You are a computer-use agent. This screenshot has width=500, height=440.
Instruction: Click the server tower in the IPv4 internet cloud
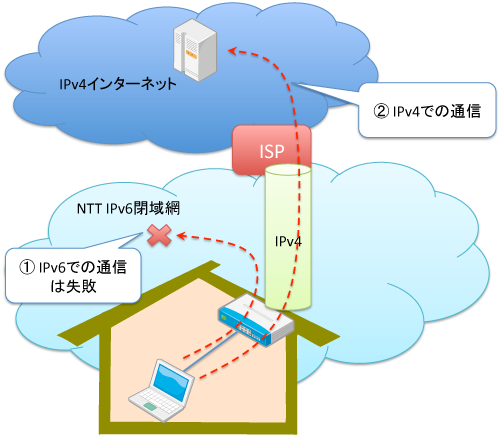point(195,50)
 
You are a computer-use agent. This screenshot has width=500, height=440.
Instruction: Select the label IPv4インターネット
point(118,84)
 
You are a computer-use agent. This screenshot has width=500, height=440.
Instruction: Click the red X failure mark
point(159,235)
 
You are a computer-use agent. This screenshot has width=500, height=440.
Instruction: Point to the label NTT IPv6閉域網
point(128,209)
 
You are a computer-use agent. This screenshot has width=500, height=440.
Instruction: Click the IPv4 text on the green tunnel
point(288,241)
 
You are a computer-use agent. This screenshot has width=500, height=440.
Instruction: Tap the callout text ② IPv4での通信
point(427,111)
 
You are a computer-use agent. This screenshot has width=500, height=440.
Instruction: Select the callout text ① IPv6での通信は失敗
point(73,276)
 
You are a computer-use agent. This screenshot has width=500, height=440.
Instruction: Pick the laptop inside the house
point(161,391)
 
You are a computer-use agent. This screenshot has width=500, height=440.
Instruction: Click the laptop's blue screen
point(172,382)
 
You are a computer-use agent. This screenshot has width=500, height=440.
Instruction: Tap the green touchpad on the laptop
point(150,406)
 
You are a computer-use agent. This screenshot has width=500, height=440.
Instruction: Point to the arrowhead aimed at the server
point(232,51)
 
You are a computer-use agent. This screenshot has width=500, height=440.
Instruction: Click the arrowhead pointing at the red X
point(181,236)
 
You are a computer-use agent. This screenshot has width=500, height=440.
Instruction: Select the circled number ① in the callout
point(27,267)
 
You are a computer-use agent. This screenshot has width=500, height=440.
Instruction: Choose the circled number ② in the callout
point(381,111)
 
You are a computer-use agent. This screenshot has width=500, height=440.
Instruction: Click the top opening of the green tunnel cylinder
point(288,170)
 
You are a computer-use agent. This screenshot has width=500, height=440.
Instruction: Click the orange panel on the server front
point(191,54)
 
